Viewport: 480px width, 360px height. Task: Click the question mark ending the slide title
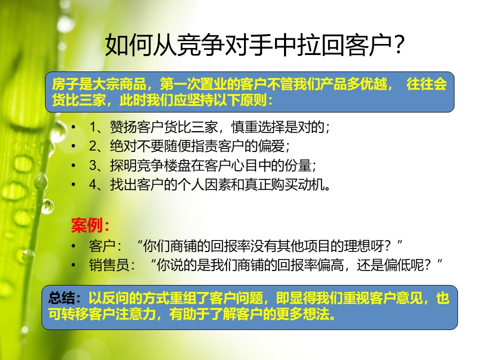pyautogui.click(x=398, y=45)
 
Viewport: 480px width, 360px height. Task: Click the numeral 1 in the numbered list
pyautogui.click(x=93, y=127)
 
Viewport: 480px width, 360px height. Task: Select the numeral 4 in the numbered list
pyautogui.click(x=93, y=184)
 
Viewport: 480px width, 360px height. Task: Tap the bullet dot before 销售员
pyautogui.click(x=73, y=265)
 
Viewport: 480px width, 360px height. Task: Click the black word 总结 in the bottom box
pyautogui.click(x=61, y=297)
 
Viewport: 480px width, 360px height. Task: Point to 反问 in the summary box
pyautogui.click(x=115, y=297)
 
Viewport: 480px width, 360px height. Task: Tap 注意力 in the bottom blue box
pyautogui.click(x=136, y=314)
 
